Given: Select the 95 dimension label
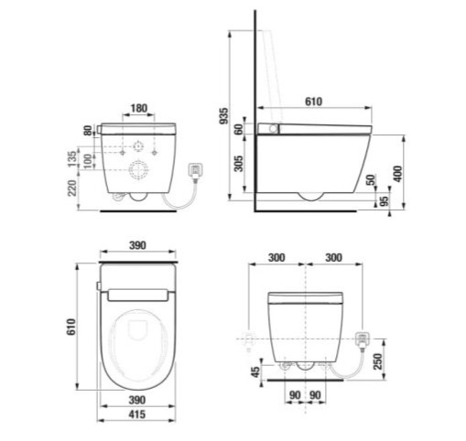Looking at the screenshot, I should (x=385, y=201).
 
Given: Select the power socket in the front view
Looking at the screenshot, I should (x=362, y=340).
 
